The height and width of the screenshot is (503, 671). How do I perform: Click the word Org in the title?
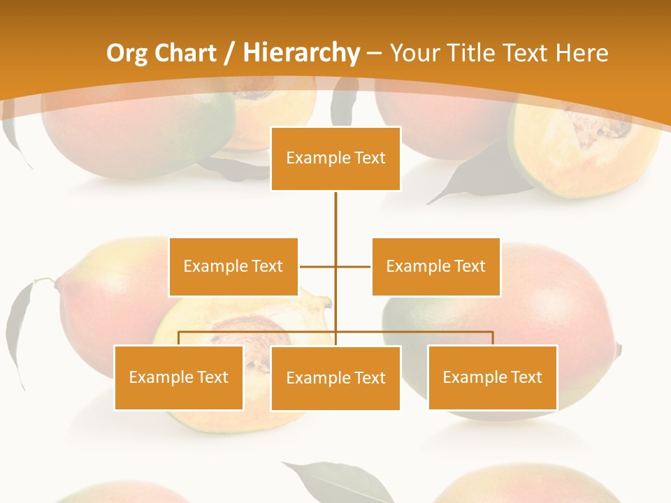point(127,53)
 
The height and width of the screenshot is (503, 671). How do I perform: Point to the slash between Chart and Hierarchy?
point(229,53)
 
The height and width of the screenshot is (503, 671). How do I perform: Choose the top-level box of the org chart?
point(335,159)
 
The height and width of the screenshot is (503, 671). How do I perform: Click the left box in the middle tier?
point(233,266)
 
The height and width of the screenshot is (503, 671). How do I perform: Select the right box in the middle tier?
point(435,266)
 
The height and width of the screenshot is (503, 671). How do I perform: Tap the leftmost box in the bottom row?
point(178,377)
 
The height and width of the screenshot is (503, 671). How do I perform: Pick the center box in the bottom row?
point(335,378)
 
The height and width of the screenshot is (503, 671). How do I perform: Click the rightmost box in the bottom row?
point(492,377)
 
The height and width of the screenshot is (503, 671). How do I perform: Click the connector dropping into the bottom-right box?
point(493,338)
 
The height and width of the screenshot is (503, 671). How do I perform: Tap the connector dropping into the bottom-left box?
point(179,338)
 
